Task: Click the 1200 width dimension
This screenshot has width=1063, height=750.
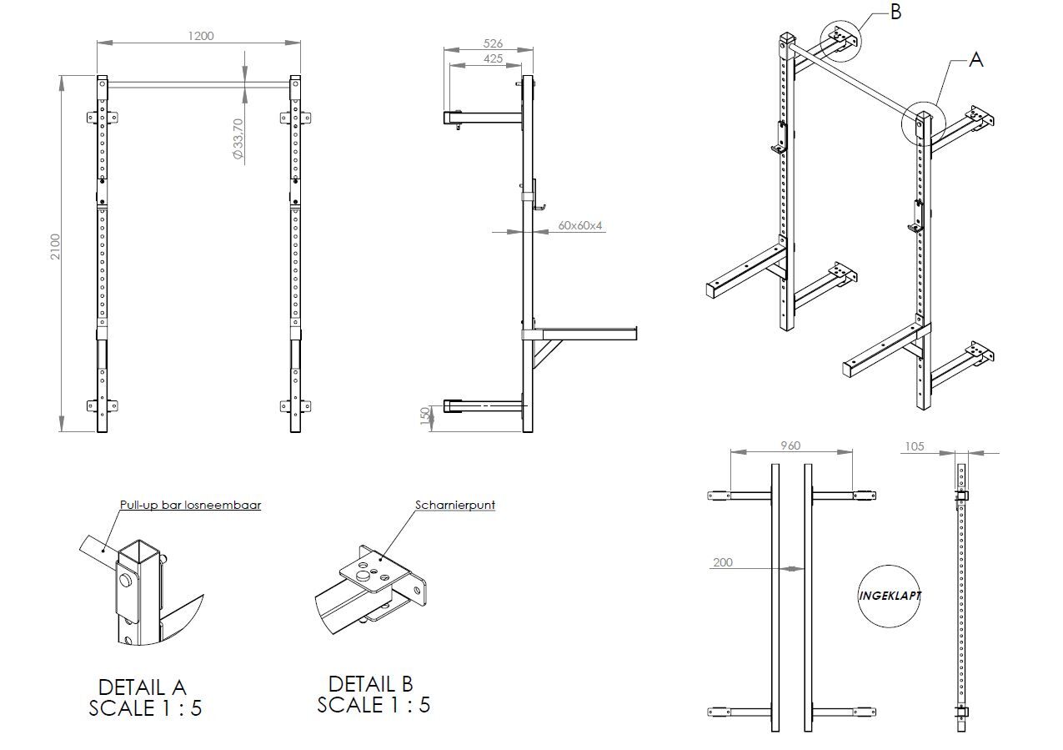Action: (201, 36)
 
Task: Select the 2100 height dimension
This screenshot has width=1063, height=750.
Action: (56, 246)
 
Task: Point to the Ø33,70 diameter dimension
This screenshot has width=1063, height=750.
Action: (238, 138)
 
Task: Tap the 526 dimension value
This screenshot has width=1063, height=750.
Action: (493, 43)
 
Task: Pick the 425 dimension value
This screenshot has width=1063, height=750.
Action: (493, 59)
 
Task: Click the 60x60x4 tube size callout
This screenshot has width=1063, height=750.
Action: (580, 225)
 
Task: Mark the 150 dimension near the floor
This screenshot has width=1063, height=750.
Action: (425, 415)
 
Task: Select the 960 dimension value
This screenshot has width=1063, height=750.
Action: (790, 445)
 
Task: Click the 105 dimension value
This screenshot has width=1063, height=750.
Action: (915, 446)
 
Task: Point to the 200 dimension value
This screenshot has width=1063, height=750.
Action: (723, 562)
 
